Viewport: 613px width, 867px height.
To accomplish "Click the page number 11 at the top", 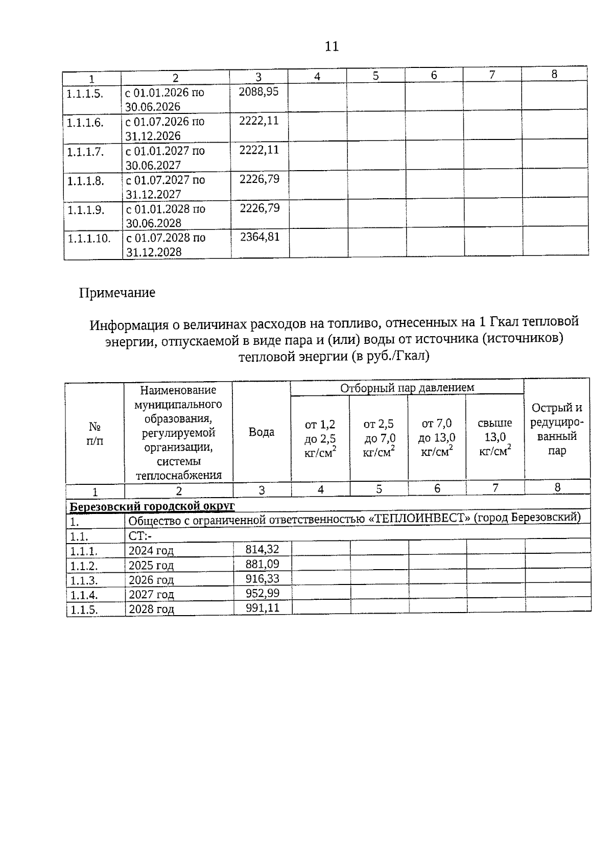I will tap(332, 46).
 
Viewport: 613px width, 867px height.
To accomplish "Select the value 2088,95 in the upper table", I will tap(259, 92).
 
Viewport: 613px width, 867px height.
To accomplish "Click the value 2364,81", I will tap(260, 237).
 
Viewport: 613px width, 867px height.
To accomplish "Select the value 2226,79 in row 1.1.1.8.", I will tap(260, 179).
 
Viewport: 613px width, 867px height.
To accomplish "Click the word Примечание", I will tap(117, 293).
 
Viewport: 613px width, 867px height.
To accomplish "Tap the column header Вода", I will tap(262, 432).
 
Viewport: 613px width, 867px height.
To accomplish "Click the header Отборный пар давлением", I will tap(407, 388).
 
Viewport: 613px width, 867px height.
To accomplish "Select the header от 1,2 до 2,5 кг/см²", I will tap(320, 438).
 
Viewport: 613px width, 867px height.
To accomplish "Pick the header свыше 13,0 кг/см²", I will tap(495, 437).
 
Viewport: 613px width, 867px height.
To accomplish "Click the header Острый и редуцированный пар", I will tap(557, 429).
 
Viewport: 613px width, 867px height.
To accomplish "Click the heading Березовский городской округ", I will tap(152, 506).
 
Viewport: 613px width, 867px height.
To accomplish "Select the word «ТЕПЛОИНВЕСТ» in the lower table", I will tap(419, 518).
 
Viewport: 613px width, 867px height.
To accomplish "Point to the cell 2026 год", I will tap(151, 580).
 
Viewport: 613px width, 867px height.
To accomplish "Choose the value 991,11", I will tap(263, 608).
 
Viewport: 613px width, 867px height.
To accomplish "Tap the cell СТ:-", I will tap(140, 536).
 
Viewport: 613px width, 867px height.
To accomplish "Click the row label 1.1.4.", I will tap(84, 595).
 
